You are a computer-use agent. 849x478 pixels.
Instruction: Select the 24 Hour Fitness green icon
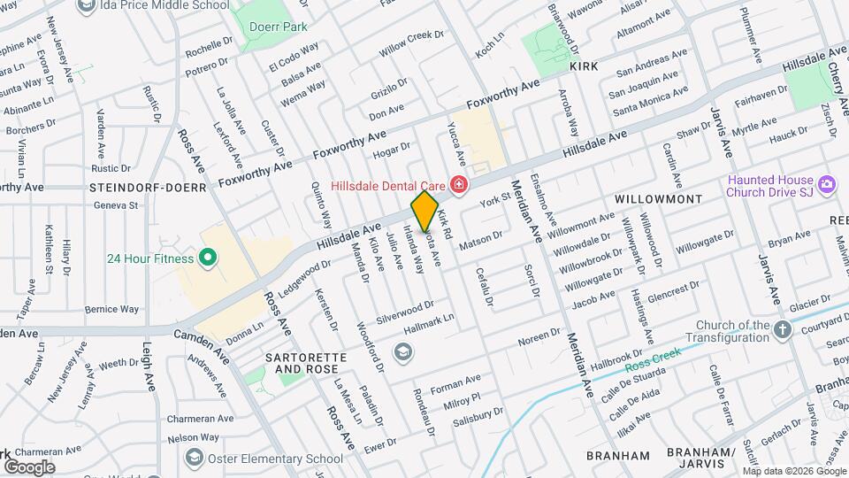coord(208,258)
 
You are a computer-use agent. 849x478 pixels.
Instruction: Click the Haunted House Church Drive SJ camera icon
coord(828,186)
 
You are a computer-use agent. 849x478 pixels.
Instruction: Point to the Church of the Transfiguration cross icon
coord(782,331)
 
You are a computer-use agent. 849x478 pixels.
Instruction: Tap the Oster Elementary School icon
coord(194,459)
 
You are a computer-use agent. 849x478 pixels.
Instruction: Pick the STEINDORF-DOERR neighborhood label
coord(148,188)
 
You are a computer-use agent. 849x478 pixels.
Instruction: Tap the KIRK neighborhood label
coord(584,66)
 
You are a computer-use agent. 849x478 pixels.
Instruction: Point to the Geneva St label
coord(122,205)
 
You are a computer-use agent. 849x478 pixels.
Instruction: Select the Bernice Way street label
coord(112,310)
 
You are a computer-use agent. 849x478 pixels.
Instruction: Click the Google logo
coord(29,466)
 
